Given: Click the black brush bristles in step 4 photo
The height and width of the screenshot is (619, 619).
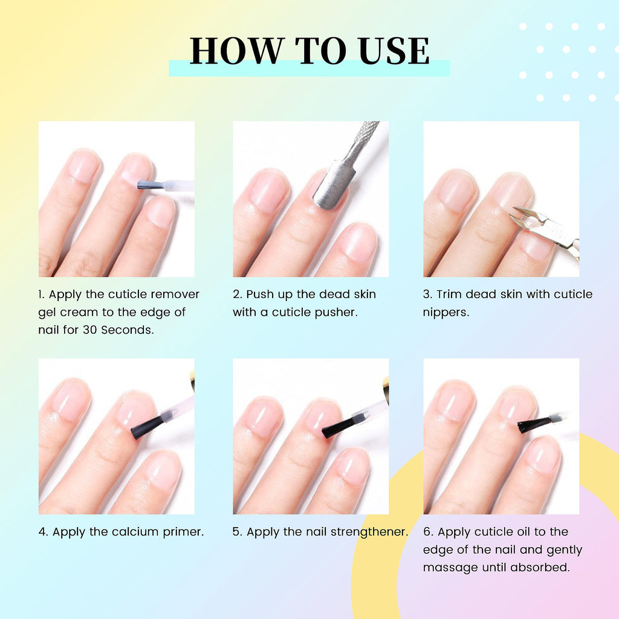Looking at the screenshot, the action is tap(147, 427).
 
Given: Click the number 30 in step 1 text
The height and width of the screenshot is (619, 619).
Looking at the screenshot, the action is tap(89, 329).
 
